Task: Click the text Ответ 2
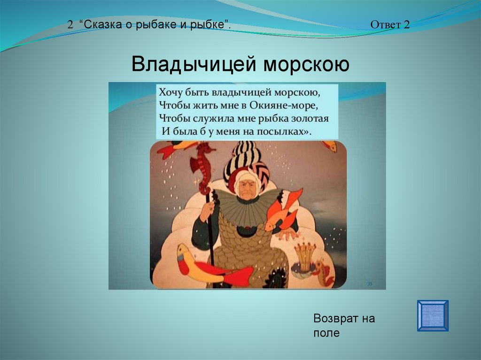pos(390,24)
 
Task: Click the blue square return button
pos(433,315)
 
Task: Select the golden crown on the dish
pos(305,256)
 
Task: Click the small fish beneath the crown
pos(325,273)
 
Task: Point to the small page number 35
pos(370,284)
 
